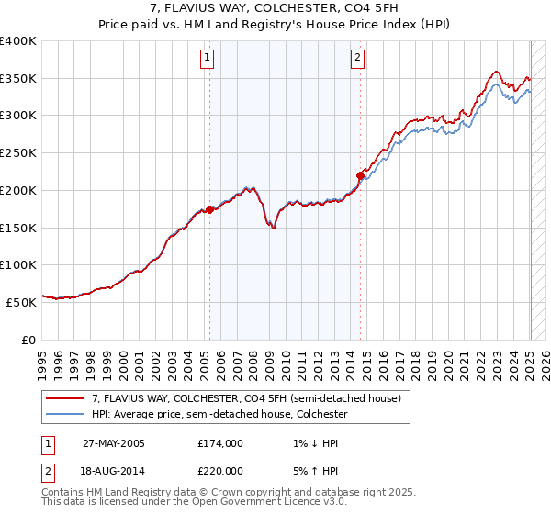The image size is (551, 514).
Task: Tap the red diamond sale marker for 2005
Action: (209, 209)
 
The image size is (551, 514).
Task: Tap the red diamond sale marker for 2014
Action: (360, 175)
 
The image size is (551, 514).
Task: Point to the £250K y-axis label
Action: (18, 153)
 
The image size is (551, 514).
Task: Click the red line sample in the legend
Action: (65, 399)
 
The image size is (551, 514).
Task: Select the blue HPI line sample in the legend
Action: (65, 414)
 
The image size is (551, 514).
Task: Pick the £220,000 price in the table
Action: (220, 471)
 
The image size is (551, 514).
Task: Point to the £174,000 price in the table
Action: (220, 443)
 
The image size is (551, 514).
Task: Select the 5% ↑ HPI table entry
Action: (309, 471)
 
